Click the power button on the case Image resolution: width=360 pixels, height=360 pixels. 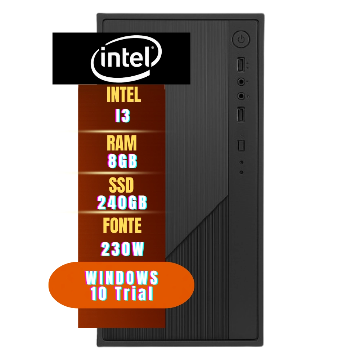point(241,39)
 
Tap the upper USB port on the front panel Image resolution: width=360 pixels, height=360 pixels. point(241,66)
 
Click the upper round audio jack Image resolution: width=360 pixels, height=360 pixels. point(242,82)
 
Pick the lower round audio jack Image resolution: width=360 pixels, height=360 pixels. point(242,96)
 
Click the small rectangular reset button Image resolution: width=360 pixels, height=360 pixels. point(241,145)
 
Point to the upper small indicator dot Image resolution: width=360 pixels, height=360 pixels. point(241,162)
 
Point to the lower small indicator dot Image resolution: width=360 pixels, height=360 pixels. point(241,172)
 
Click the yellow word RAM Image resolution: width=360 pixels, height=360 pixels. point(122,144)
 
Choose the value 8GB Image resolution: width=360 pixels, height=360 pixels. point(122,162)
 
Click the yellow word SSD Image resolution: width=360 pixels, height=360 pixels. point(121,186)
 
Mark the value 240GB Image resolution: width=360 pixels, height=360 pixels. point(122,203)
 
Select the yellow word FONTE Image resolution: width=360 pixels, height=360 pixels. point(122,226)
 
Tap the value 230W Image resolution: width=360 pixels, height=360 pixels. point(122,249)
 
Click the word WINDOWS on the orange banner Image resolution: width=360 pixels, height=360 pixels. point(122,278)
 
